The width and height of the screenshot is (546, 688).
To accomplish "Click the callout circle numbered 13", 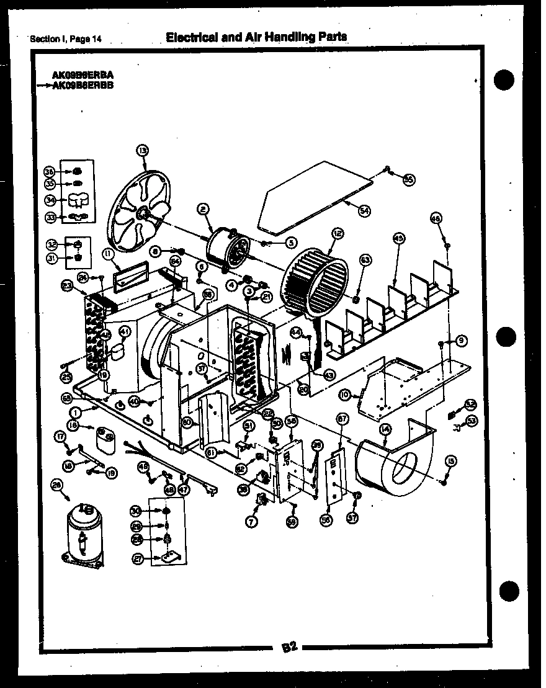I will coord(142,150).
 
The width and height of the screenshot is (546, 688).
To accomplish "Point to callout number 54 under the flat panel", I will coord(364,211).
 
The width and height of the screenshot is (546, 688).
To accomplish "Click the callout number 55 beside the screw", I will coord(408,179).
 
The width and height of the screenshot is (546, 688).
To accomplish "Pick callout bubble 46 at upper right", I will coord(436,218).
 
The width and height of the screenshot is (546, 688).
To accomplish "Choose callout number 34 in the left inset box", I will coord(51,200).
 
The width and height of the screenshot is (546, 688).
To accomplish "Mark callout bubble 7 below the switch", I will coord(252,522).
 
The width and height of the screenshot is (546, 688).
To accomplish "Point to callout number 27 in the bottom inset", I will coord(137,559).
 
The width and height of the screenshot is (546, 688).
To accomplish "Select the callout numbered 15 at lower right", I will coord(451,460).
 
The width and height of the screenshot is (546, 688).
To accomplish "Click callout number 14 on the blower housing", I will coord(385,429).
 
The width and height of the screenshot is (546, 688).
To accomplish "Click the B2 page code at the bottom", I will coord(290,648).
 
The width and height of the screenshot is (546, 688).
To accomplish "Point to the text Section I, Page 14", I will coord(66,40).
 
